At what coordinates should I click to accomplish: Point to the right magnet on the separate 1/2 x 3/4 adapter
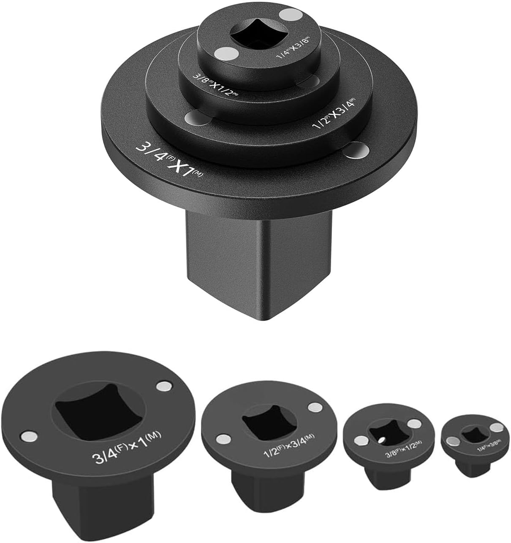point(314,408)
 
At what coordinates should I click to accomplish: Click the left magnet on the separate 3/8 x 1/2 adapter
point(361,441)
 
